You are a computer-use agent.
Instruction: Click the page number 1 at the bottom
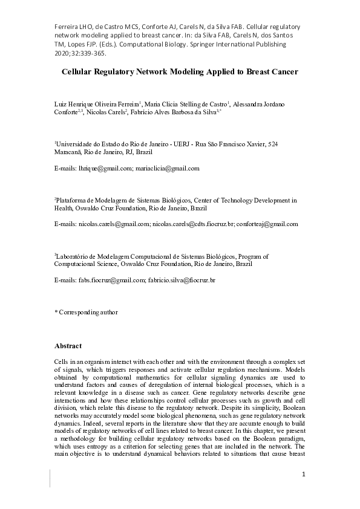click(x=303, y=475)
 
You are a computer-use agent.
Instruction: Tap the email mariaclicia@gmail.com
click(x=168, y=169)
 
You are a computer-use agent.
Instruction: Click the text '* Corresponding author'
click(x=87, y=313)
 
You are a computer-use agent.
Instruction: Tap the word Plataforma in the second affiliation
click(x=73, y=199)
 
